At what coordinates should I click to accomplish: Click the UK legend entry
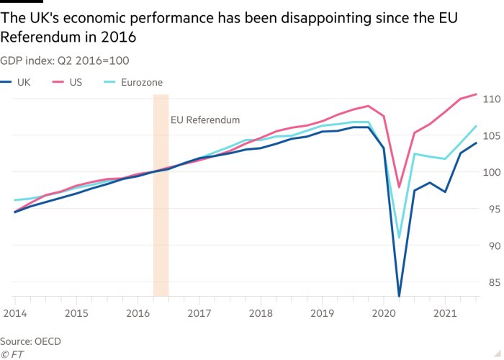tap(21, 82)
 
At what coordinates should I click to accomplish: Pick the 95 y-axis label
tap(492, 209)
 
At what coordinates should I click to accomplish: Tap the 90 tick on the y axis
tap(492, 246)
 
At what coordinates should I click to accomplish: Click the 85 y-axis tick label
tap(492, 282)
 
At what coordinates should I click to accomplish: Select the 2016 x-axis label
tap(137, 313)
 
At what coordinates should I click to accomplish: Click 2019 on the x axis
tap(321, 313)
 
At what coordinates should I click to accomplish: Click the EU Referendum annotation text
tap(204, 120)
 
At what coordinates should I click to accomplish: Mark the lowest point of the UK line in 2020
tap(399, 296)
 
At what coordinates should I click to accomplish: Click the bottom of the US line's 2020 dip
tap(399, 187)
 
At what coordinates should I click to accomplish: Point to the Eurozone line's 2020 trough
tap(399, 237)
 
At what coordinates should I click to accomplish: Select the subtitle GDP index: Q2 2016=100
tap(65, 60)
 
